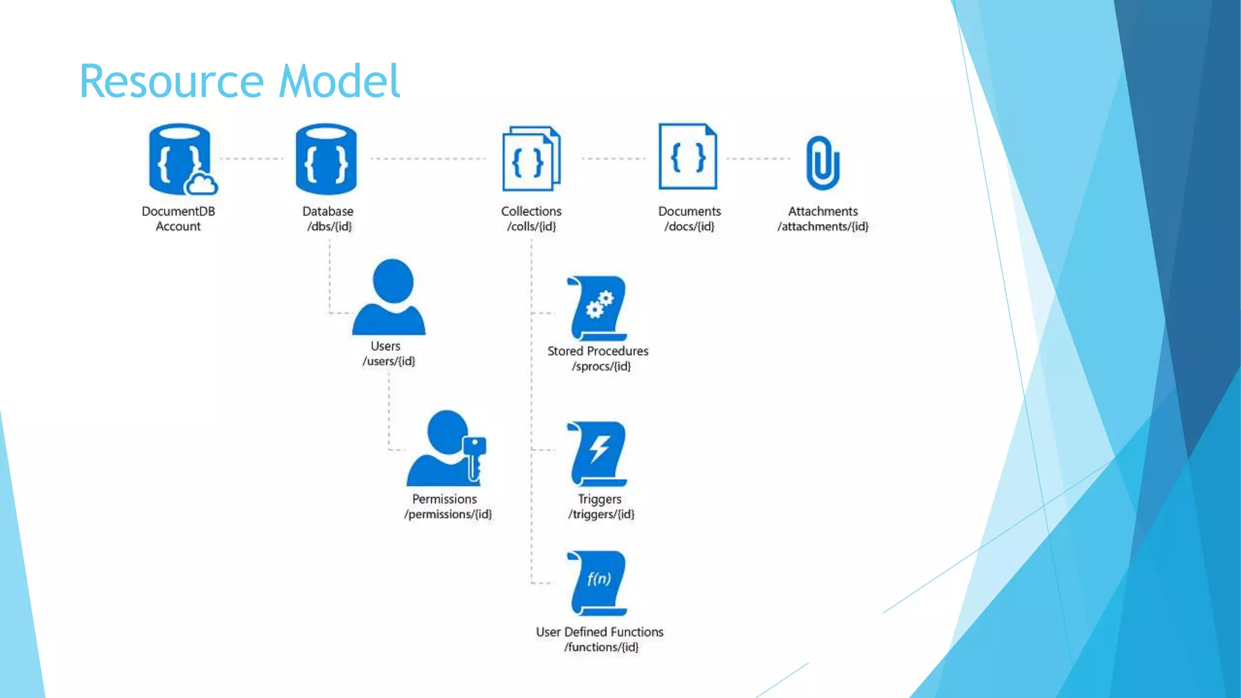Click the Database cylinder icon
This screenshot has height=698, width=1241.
tap(326, 159)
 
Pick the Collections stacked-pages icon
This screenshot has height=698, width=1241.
tap(531, 159)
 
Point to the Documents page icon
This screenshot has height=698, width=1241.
tap(688, 157)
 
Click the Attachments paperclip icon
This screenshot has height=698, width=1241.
tap(822, 162)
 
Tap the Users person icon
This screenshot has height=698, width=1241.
tap(390, 297)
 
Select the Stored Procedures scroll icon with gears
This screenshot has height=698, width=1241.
tap(597, 308)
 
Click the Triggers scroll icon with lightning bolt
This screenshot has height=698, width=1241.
tap(597, 453)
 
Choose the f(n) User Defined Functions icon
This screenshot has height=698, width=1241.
tap(597, 582)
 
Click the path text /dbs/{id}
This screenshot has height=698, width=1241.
tap(329, 227)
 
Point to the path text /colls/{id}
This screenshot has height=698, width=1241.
tap(531, 227)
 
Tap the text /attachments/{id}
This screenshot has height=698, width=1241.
tap(822, 227)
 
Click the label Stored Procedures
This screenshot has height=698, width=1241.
tap(597, 351)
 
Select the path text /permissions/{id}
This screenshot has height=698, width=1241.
tap(448, 514)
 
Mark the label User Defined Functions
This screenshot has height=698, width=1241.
tap(599, 632)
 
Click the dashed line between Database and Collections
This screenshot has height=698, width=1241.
tap(428, 159)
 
